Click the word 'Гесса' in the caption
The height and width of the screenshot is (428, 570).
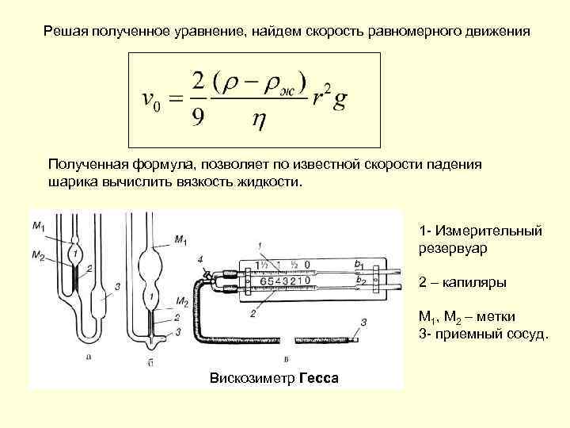pyautogui.click(x=319, y=378)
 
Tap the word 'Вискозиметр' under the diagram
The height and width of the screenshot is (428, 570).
pyautogui.click(x=253, y=378)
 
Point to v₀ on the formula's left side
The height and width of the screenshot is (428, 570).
pyautogui.click(x=151, y=101)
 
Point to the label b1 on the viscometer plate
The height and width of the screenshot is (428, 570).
pyautogui.click(x=359, y=264)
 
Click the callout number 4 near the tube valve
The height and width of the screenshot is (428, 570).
pyautogui.click(x=200, y=259)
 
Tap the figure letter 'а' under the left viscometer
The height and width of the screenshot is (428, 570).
pyautogui.click(x=88, y=357)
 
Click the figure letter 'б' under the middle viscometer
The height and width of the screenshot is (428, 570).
pyautogui.click(x=150, y=362)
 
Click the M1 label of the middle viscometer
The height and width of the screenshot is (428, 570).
pyautogui.click(x=180, y=240)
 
